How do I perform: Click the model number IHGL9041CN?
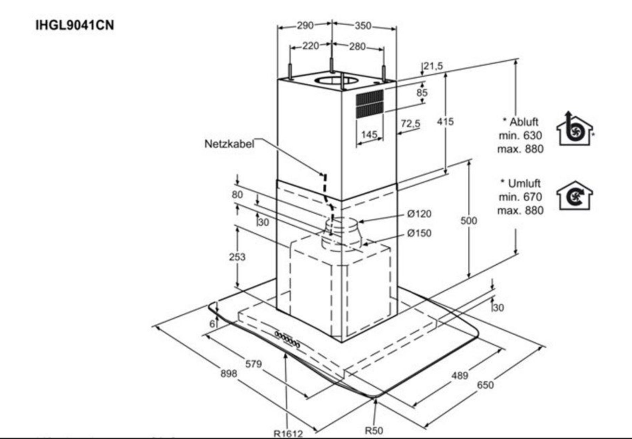pyautogui.click(x=75, y=25)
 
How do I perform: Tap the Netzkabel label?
pyautogui.click(x=229, y=144)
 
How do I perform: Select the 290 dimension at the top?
pyautogui.click(x=305, y=25)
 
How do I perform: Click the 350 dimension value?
pyautogui.click(x=363, y=25)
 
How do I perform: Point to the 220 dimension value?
pyautogui.click(x=310, y=46)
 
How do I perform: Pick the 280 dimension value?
pyautogui.click(x=357, y=46)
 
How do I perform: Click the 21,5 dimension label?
pyautogui.click(x=433, y=66)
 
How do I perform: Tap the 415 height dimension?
pyautogui.click(x=445, y=122)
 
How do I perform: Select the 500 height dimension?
pyautogui.click(x=469, y=221)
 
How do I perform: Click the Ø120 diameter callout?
pyautogui.click(x=419, y=214)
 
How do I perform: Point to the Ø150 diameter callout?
pyautogui.click(x=419, y=233)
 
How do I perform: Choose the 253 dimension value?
pyautogui.click(x=237, y=257)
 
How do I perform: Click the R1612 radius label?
pyautogui.click(x=288, y=434)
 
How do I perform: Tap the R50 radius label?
pyautogui.click(x=374, y=430)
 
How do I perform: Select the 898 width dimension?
pyautogui.click(x=229, y=373)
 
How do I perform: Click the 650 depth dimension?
pyautogui.click(x=485, y=385)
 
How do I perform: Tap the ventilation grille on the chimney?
pyautogui.click(x=370, y=103)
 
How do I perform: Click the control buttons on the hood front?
pyautogui.click(x=287, y=340)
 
